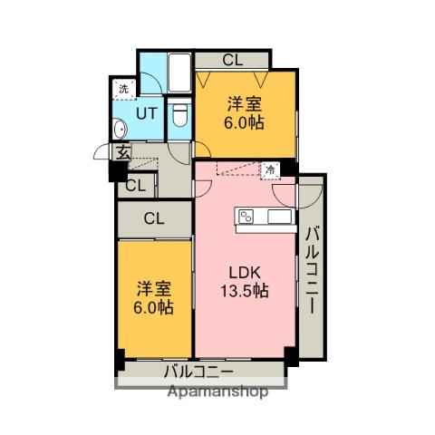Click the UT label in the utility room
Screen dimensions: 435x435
point(146,113)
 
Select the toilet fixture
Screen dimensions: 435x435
point(179,114)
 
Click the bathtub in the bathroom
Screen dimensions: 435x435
point(179,72)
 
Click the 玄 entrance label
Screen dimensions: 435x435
point(120,153)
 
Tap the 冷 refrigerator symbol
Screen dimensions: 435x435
point(269,169)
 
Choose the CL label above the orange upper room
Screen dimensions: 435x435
point(232,61)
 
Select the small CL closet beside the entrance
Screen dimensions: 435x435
point(135,186)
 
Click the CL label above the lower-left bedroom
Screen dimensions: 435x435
point(153,217)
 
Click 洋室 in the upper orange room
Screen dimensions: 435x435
point(245,103)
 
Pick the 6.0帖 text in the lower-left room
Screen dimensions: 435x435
point(154,308)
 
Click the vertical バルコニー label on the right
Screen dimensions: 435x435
point(311,268)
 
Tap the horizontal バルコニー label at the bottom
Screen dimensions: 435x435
point(198,372)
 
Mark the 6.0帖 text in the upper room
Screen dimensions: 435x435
point(245,123)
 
